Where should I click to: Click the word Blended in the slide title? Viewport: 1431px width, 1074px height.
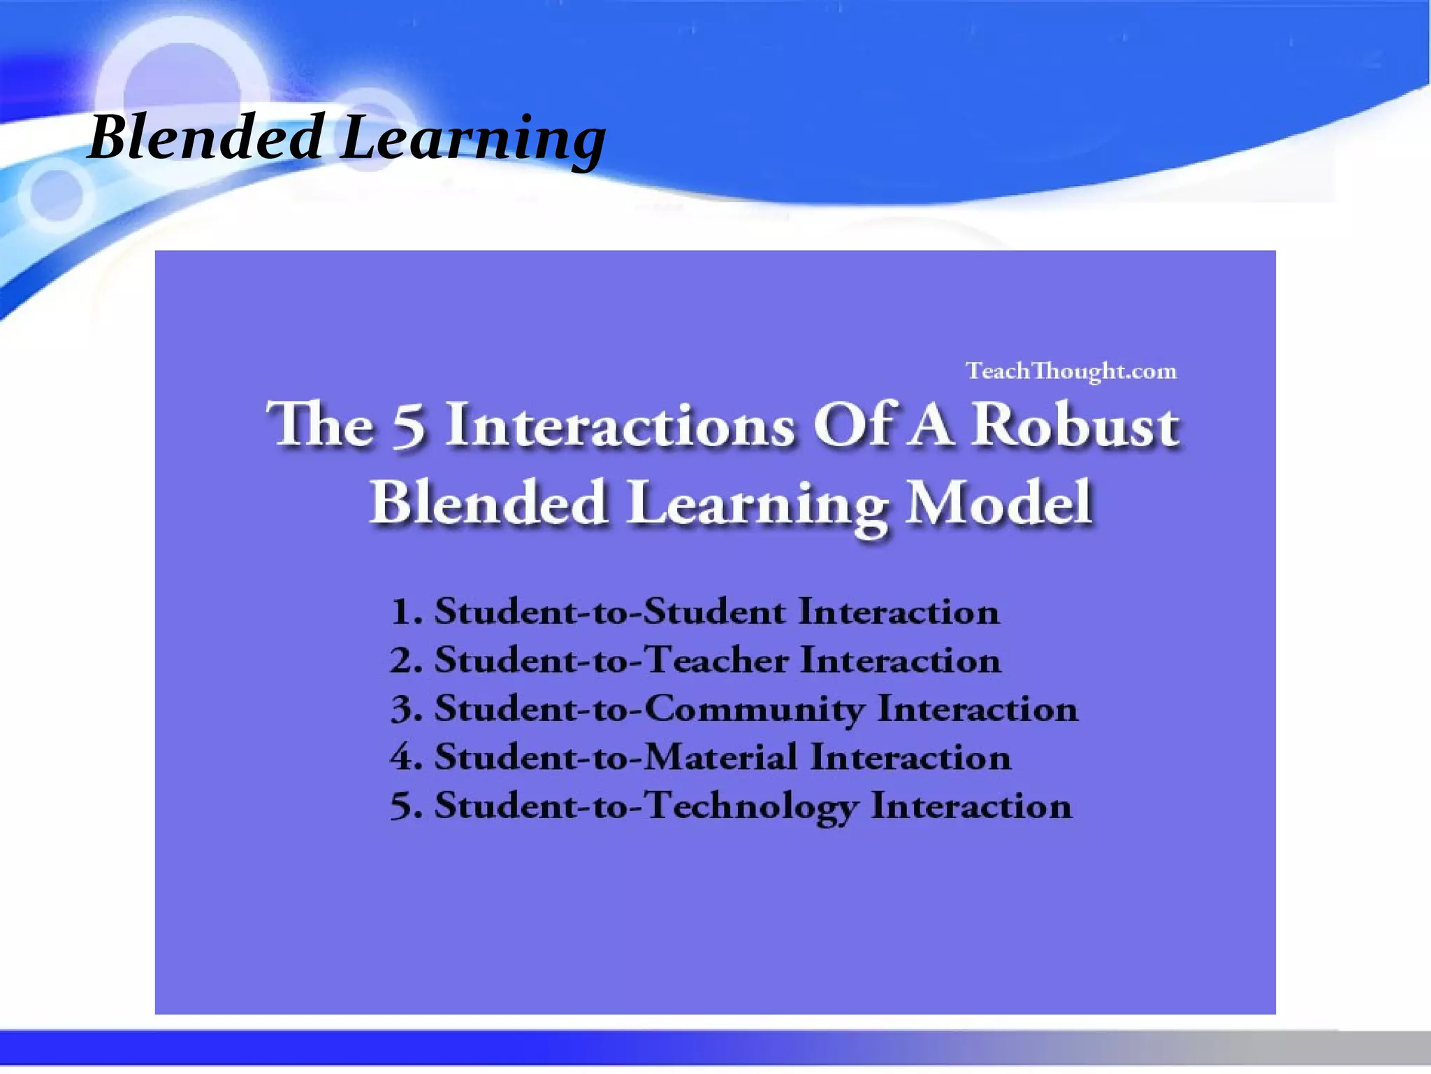tap(205, 138)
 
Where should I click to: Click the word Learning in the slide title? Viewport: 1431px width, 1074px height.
tap(473, 140)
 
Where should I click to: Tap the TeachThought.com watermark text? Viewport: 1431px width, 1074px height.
tap(1071, 371)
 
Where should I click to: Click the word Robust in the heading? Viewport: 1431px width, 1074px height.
tap(1076, 424)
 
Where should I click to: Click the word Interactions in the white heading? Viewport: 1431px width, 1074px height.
tap(620, 424)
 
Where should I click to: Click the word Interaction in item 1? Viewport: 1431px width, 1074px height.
tap(899, 613)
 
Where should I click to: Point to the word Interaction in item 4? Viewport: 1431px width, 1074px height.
tap(910, 757)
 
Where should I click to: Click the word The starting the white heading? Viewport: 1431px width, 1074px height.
tap(320, 424)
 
